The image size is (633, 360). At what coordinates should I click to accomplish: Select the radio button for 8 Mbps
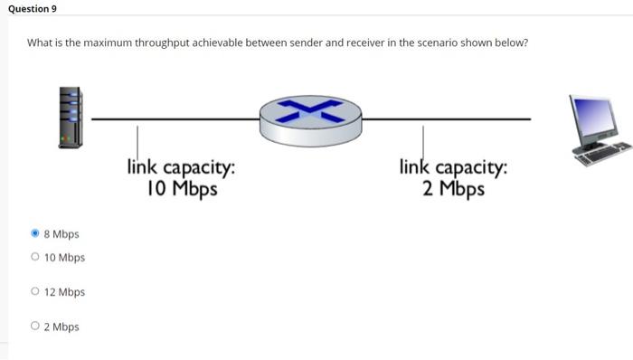coord(35,234)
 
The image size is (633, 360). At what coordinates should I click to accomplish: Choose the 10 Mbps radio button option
coord(35,258)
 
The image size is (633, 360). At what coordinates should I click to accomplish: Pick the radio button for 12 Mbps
coord(35,292)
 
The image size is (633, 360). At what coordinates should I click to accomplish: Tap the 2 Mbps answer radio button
coord(35,327)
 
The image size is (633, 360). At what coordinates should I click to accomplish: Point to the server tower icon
coord(71,118)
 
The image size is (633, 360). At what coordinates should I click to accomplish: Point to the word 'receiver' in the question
coord(358,43)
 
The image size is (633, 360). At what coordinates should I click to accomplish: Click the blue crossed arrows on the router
coord(310,109)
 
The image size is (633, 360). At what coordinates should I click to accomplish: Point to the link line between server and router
coord(172,118)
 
